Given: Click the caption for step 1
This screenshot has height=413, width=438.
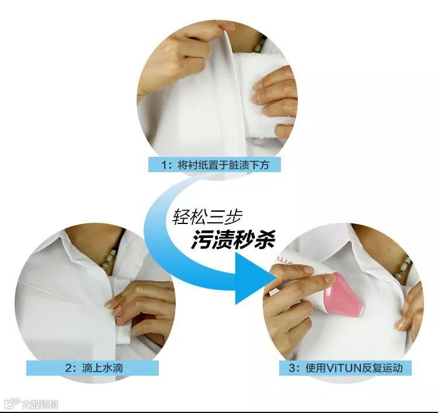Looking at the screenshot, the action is pyautogui.click(x=214, y=164).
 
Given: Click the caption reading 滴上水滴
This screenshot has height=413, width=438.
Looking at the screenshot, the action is pyautogui.click(x=103, y=368).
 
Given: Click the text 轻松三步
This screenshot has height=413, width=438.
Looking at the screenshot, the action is pyautogui.click(x=207, y=216).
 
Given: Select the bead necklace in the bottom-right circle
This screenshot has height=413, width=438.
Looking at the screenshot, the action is pyautogui.click(x=402, y=268).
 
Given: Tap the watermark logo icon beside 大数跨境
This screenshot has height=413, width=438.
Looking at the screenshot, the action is pyautogui.click(x=13, y=404).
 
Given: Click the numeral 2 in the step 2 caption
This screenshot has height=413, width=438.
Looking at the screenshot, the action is pyautogui.click(x=68, y=368).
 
